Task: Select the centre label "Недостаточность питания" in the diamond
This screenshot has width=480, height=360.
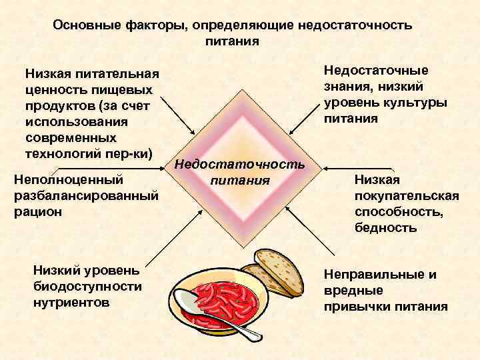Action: pyautogui.click(x=239, y=172)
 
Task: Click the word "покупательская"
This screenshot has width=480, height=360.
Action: pyautogui.click(x=407, y=195)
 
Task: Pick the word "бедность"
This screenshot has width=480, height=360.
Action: pyautogui.click(x=386, y=227)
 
